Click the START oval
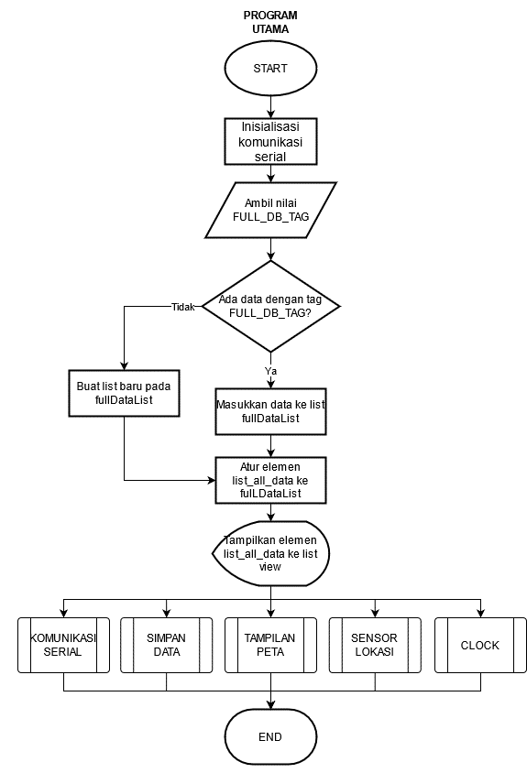click(x=270, y=68)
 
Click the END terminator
click(x=270, y=736)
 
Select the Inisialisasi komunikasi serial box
click(x=270, y=141)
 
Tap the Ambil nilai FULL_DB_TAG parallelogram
click(x=270, y=210)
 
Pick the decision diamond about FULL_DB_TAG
click(x=270, y=306)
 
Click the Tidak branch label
click(x=183, y=307)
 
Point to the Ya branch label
click(x=270, y=371)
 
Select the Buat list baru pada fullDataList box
click(x=124, y=394)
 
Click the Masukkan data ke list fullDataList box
click(x=270, y=411)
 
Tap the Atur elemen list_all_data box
click(x=270, y=480)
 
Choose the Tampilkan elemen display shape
click(x=270, y=553)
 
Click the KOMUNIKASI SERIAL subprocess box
click(x=63, y=645)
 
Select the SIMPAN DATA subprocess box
click(x=166, y=645)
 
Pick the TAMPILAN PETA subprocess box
click(x=270, y=645)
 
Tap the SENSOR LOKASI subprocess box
click(x=375, y=645)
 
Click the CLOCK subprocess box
click(x=480, y=645)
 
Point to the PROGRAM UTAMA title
click(x=270, y=22)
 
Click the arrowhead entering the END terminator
click(x=270, y=704)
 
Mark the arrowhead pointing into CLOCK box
click(x=480, y=613)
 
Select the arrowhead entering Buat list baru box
click(x=124, y=365)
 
